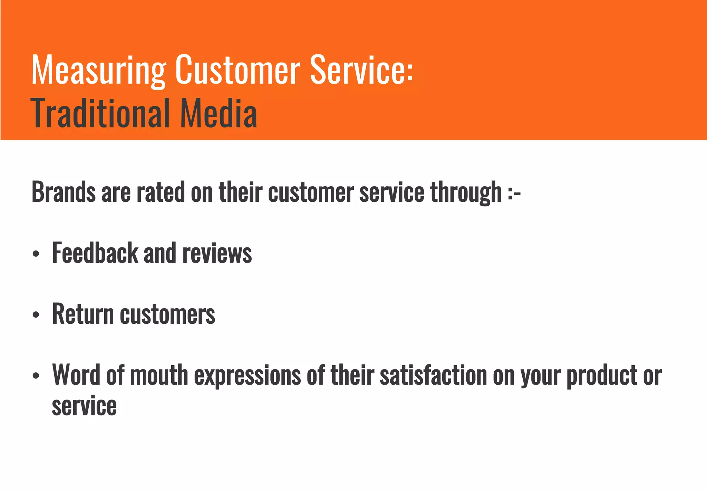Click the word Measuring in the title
click(x=99, y=70)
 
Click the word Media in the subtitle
click(x=219, y=113)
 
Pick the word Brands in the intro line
click(x=64, y=192)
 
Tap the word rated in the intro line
click(x=161, y=192)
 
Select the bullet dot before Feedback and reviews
click(x=36, y=254)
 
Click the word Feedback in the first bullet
click(x=95, y=253)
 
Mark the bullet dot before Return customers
click(x=36, y=315)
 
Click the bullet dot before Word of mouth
click(x=36, y=376)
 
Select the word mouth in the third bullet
click(x=159, y=375)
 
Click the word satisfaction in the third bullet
click(x=433, y=375)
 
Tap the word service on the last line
click(x=84, y=406)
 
